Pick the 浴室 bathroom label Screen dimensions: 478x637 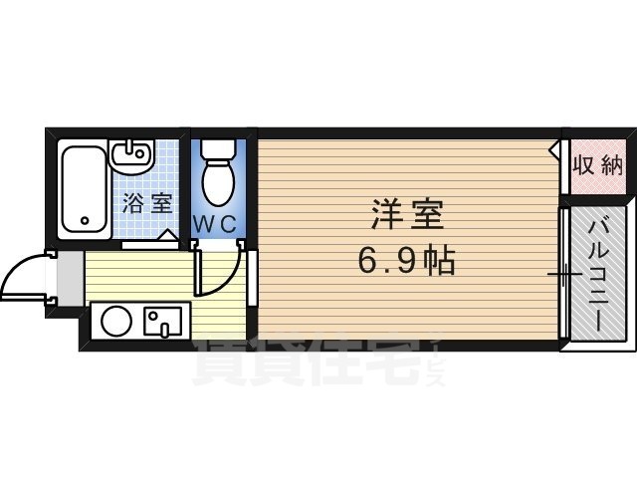click(x=147, y=205)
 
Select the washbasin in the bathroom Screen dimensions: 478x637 click(x=130, y=157)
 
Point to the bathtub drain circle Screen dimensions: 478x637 click(x=85, y=220)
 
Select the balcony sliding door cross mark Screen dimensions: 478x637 click(x=562, y=273)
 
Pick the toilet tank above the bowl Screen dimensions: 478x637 click(x=216, y=150)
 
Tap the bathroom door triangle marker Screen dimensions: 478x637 click(x=170, y=236)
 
